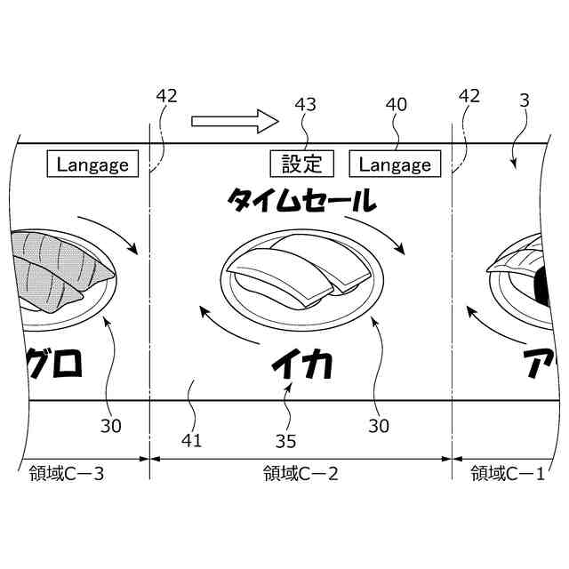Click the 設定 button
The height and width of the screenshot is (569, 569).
[302, 164]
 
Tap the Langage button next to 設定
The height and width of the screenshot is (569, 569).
[395, 164]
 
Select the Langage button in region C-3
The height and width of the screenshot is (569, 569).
[92, 164]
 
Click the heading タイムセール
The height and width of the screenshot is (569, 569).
[302, 200]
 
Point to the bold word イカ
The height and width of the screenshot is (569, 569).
[302, 364]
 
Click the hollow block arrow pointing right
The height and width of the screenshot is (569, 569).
[235, 121]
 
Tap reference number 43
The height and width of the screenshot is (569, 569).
[305, 105]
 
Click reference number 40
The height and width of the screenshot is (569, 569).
[396, 105]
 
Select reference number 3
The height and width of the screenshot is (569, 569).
[525, 100]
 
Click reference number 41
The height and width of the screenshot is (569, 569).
[191, 441]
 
